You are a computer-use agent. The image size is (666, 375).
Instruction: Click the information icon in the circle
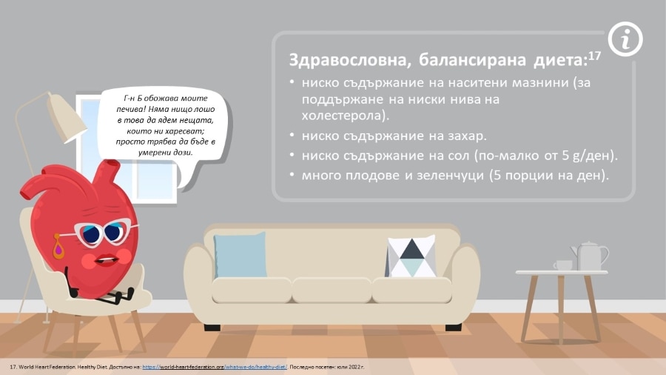click(x=625, y=39)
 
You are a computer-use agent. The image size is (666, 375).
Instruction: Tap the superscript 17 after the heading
click(x=595, y=56)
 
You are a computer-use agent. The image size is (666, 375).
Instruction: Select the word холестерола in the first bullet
click(x=343, y=116)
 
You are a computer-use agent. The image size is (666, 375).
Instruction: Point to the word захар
click(x=465, y=136)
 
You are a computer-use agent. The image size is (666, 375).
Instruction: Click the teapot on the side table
click(x=589, y=256)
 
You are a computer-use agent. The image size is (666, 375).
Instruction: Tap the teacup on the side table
click(x=563, y=265)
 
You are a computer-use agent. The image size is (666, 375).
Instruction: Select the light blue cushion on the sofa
click(x=240, y=255)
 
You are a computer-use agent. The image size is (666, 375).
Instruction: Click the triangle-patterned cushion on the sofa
click(x=411, y=257)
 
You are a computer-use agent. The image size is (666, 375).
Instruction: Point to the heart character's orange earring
click(x=58, y=247)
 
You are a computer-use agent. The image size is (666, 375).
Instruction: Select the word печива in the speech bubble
click(x=130, y=109)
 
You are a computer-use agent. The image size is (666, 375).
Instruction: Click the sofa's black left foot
click(x=212, y=328)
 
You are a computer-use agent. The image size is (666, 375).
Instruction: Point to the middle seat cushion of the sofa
click(x=332, y=290)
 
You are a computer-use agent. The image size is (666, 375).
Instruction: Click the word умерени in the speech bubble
click(x=153, y=153)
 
